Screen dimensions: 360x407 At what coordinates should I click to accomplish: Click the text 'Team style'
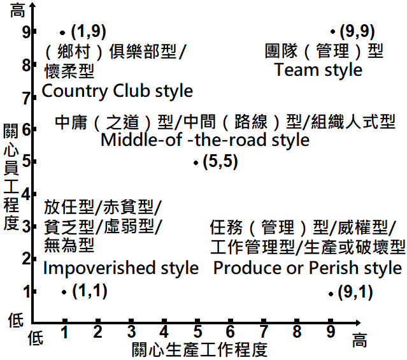(x=318, y=69)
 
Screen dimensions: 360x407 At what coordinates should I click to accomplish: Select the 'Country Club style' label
(x=117, y=91)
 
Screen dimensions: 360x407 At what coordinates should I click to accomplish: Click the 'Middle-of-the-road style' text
(x=205, y=139)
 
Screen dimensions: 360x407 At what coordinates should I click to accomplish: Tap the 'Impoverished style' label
(x=121, y=268)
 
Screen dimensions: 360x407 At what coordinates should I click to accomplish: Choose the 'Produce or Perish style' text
(x=308, y=268)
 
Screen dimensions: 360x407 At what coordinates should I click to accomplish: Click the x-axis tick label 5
(x=197, y=331)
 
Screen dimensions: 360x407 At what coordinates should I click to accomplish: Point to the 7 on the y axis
(x=26, y=97)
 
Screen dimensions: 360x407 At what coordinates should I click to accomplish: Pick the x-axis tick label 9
(x=330, y=331)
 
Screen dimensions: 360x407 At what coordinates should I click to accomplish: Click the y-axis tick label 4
(x=26, y=194)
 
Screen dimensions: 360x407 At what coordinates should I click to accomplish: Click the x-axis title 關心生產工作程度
(x=199, y=349)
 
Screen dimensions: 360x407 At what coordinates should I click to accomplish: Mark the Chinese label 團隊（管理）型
(x=325, y=50)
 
